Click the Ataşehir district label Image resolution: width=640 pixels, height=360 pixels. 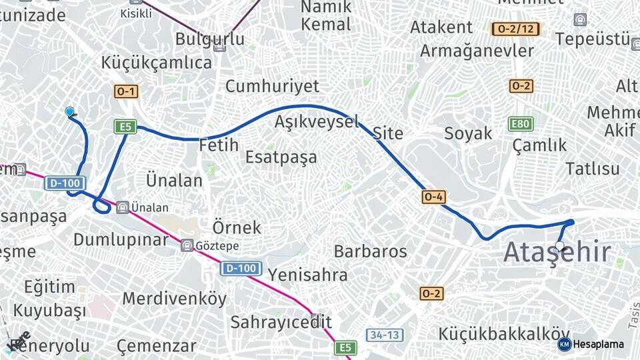557,253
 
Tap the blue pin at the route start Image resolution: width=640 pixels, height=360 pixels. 69,111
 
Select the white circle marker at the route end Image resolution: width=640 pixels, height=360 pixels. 560,246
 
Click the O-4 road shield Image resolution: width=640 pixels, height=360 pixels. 433,197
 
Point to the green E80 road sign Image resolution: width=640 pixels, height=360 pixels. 521,123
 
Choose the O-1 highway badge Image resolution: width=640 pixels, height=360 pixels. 125,92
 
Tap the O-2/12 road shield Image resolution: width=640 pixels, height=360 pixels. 515,29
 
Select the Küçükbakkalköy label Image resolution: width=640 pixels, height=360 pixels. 504,333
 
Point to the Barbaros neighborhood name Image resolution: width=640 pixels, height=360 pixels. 370,251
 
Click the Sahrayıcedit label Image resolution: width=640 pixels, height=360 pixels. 281,322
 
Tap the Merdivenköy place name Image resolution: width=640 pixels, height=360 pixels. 174,299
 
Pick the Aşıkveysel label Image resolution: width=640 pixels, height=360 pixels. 317,122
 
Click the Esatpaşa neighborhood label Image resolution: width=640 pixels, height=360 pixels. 281,157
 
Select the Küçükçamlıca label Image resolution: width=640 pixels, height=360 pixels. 157,63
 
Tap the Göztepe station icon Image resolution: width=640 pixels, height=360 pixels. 187,245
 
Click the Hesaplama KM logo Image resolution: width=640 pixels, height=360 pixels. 565,344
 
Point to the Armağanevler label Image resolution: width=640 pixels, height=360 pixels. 477,51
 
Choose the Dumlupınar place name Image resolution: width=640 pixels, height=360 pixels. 121,239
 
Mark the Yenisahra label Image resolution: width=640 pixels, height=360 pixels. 307,275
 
